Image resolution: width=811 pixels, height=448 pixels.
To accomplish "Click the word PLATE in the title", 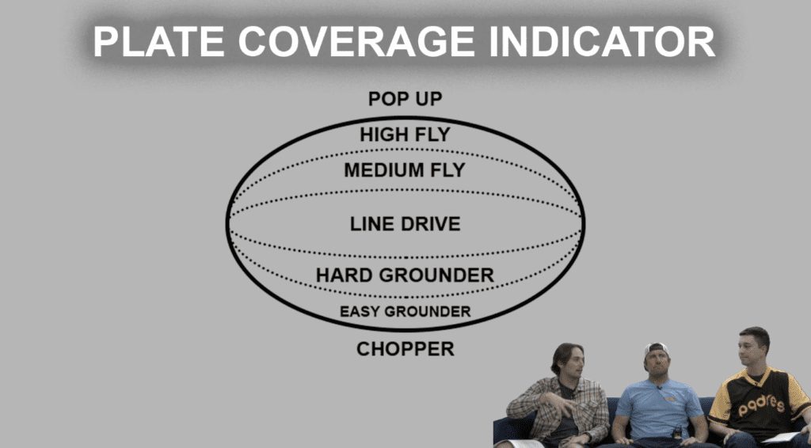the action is (x=158, y=41).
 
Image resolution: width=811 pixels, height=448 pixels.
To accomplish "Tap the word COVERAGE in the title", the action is (x=356, y=41).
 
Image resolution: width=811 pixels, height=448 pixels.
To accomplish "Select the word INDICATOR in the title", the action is (x=602, y=41).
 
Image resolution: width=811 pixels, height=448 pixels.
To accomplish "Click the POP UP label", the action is (x=405, y=99).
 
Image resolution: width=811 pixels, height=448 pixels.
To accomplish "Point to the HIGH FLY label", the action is (x=405, y=135).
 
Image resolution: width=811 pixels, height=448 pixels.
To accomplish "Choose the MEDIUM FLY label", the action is (x=405, y=170).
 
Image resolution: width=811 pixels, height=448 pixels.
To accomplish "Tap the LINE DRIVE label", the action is (x=405, y=224).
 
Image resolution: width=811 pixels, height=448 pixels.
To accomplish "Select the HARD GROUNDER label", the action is (x=405, y=275).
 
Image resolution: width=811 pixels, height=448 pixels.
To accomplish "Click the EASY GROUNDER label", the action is (x=405, y=312).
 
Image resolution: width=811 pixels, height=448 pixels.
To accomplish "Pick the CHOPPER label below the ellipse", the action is (x=405, y=349).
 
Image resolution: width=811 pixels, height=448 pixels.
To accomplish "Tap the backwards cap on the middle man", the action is (x=657, y=350).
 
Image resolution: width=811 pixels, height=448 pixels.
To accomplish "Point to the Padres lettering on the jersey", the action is (x=761, y=405).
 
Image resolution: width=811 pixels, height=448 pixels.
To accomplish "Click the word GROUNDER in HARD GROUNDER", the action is (x=436, y=275).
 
